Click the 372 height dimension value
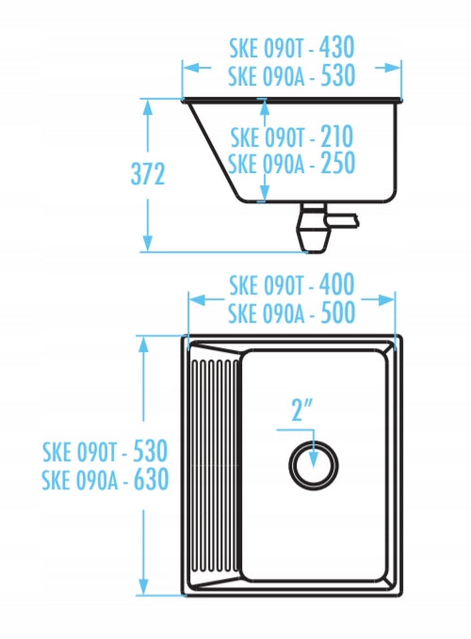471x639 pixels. [x=148, y=174]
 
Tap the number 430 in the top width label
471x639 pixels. [x=337, y=48]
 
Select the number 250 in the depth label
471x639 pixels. [x=338, y=163]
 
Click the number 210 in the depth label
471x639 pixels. [x=337, y=136]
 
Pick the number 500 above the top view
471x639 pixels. [x=338, y=312]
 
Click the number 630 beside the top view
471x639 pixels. [x=152, y=479]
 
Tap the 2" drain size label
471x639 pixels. [x=302, y=409]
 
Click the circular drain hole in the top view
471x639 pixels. [x=314, y=465]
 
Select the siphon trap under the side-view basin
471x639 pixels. [x=313, y=228]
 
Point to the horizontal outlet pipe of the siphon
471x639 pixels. [x=343, y=220]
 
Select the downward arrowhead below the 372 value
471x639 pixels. [x=148, y=243]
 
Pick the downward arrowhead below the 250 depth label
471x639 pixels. [x=265, y=193]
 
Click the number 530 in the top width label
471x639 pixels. [x=338, y=75]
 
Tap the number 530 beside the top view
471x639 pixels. [x=151, y=451]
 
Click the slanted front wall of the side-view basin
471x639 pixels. [x=213, y=149]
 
